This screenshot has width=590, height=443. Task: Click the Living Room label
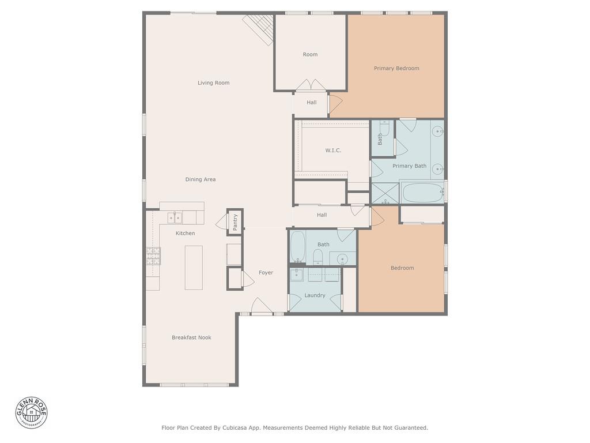tap(213, 83)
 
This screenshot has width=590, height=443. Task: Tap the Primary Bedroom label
tap(396, 69)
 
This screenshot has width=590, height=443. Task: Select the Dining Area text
tap(201, 179)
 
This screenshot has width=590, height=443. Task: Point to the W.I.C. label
tap(333, 151)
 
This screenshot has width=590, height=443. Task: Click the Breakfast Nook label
tap(191, 337)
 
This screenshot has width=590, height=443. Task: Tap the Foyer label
tap(266, 273)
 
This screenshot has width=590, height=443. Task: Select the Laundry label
tap(315, 295)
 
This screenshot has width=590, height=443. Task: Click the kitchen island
tap(194, 268)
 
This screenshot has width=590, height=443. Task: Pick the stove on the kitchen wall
tap(153, 256)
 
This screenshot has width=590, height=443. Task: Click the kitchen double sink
tap(175, 217)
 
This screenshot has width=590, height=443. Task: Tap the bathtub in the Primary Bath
tap(422, 193)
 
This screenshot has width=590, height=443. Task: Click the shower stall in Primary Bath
tap(385, 193)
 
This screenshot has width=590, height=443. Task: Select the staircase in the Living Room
tap(259, 29)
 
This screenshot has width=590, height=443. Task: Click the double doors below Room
tap(311, 85)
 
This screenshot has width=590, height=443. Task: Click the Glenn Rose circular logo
tap(31, 412)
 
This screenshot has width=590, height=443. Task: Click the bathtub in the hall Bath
tap(298, 246)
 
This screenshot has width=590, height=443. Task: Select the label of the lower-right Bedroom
tap(402, 268)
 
